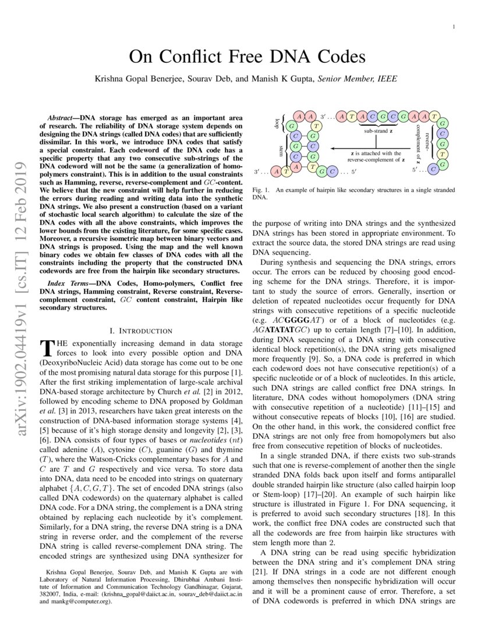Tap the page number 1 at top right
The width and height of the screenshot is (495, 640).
(453, 27)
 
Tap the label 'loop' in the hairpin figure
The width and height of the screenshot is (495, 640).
(277, 125)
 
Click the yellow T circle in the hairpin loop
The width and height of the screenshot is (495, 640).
(315, 126)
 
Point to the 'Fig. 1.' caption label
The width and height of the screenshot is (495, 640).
(260, 190)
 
